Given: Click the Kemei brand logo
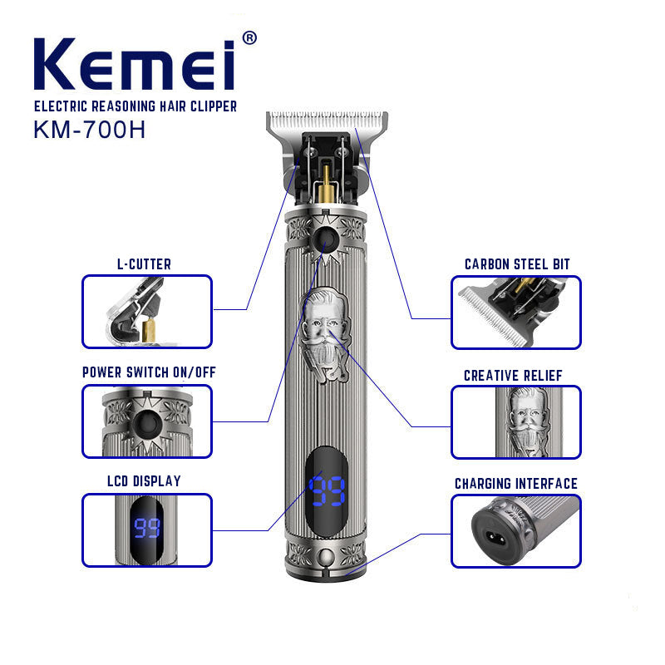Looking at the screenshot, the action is (x=135, y=64).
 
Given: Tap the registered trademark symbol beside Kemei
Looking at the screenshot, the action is (x=249, y=37).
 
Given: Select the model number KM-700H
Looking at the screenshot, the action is (x=90, y=130).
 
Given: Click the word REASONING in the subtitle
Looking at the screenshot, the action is (x=123, y=106).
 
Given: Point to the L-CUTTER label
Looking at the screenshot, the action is (x=144, y=264).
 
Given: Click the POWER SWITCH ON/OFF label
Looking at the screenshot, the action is (x=149, y=372).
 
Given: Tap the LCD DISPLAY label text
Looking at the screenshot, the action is (x=144, y=481).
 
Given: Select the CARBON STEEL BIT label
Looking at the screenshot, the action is (x=517, y=264).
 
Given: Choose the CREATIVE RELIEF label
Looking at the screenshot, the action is (x=513, y=376).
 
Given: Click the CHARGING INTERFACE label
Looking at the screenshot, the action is (x=516, y=484).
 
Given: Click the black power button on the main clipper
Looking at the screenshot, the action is (x=325, y=240).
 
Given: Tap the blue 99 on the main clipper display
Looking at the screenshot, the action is (x=327, y=490).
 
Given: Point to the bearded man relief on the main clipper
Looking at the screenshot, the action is (x=326, y=334).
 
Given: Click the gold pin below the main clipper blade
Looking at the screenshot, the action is (x=326, y=183).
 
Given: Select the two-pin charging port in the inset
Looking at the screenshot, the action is (x=495, y=539).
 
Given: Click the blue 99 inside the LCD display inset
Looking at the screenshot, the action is (x=147, y=528).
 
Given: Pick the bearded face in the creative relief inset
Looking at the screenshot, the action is (x=528, y=421).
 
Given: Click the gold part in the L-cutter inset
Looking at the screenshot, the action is (x=149, y=330).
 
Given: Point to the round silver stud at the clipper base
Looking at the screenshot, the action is (x=326, y=555).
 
